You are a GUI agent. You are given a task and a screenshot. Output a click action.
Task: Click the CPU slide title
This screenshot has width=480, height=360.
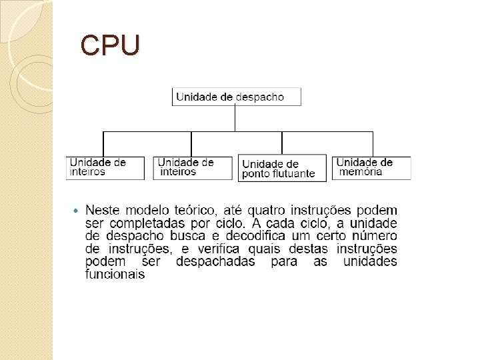[110, 45]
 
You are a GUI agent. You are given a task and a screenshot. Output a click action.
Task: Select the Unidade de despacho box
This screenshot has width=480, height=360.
[236, 97]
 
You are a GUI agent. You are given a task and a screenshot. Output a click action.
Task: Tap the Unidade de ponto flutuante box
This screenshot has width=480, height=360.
[282, 168]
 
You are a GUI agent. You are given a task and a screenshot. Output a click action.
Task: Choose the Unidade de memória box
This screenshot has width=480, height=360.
[371, 167]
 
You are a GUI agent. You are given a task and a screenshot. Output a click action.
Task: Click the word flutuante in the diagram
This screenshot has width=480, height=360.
[290, 173]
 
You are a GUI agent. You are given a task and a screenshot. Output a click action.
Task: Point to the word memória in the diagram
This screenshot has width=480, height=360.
[361, 171]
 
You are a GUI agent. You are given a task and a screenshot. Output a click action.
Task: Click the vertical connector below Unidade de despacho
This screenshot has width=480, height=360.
[235, 118]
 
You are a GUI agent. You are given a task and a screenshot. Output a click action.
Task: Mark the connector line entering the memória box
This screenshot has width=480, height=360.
[373, 143]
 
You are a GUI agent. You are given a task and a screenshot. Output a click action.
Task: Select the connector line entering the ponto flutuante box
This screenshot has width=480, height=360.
[282, 143]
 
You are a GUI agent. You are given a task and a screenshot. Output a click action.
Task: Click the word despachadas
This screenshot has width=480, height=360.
[215, 261]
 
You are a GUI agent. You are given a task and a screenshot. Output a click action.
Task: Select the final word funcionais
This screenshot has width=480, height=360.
[115, 274]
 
